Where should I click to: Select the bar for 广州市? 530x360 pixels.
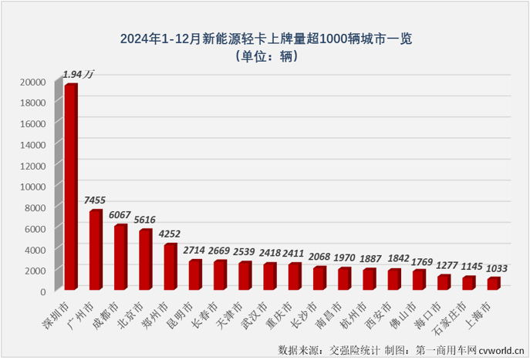coord(95,251)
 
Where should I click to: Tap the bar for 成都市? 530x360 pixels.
coord(120,257)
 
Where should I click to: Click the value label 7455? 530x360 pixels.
coord(97,200)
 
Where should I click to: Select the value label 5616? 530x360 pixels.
coord(147,220)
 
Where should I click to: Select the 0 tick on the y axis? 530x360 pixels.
coord(44,291)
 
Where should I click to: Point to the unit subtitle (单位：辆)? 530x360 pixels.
coord(265,56)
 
